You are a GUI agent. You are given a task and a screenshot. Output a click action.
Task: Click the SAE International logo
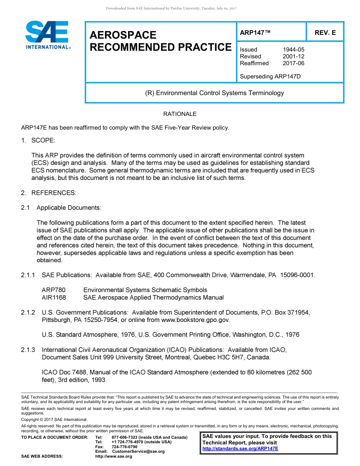[x=47, y=35]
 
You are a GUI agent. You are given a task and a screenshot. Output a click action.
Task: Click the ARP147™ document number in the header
[x=255, y=33]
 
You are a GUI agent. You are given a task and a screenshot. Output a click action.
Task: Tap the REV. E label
[x=325, y=33]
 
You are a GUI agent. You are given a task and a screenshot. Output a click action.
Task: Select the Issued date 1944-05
[x=293, y=50]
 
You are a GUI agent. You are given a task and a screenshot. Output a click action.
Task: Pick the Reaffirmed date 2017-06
[x=293, y=63]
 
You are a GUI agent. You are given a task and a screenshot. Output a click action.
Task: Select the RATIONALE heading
[x=180, y=114]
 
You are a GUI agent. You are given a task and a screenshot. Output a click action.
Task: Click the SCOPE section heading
[x=43, y=141]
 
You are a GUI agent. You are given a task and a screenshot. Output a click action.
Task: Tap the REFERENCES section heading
[x=53, y=193]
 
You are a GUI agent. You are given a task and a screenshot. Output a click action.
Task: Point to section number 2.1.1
[x=28, y=275]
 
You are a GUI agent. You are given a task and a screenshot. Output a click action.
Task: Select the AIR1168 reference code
[x=54, y=297]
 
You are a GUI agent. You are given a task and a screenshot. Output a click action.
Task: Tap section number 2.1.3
[x=28, y=350]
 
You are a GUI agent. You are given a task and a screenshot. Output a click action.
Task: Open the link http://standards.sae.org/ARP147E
[x=240, y=449]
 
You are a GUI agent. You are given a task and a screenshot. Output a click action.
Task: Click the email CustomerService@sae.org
[x=138, y=451]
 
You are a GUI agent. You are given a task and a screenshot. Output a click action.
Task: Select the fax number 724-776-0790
[x=125, y=447]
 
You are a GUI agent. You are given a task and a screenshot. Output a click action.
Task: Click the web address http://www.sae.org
[x=114, y=456]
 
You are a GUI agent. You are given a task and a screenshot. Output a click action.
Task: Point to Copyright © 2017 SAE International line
[x=54, y=419]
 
